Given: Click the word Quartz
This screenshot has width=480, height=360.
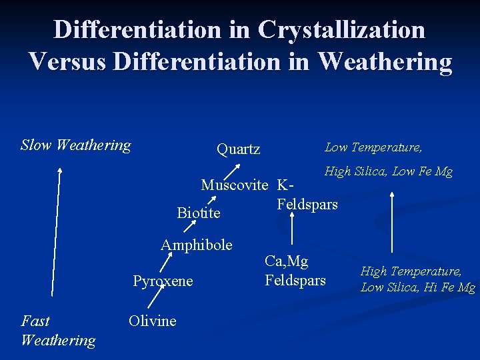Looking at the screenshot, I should tap(238, 149).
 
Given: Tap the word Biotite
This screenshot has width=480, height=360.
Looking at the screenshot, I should tap(198, 213).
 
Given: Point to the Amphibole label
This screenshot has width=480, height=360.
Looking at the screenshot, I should tap(196, 245).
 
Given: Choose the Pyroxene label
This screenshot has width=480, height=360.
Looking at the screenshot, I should tap(163, 281).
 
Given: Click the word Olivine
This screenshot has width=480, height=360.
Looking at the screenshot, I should tap(152, 321).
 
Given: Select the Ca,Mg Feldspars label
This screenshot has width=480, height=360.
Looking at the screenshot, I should tap(295, 271).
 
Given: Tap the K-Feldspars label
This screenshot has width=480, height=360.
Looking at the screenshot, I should tap(306, 195).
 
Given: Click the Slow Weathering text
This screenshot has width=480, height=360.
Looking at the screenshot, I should tap(75, 145).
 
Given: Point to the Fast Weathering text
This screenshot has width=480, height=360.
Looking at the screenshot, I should tap(57, 330).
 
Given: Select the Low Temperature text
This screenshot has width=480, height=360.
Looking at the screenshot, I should tap(373, 147).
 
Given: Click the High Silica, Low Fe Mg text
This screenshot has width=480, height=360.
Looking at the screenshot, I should tap(388, 172).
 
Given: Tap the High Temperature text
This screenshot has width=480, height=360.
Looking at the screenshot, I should tap(411, 271).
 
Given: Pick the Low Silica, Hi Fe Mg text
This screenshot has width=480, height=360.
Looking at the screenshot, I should tap(417, 287).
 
